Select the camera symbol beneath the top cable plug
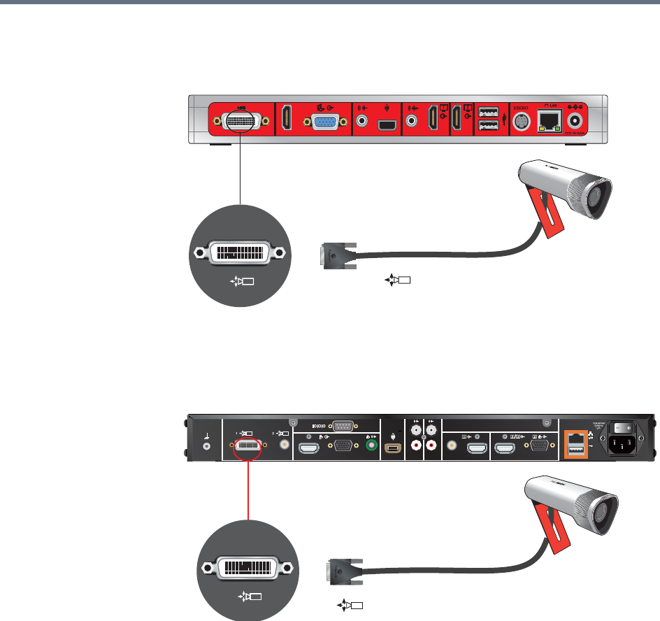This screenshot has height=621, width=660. pos(397,280)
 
